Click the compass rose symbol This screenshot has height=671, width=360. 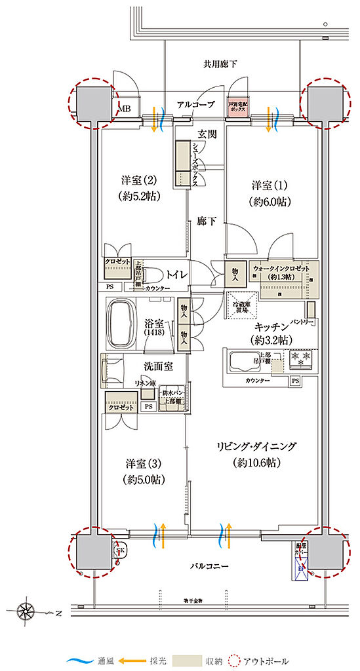26,613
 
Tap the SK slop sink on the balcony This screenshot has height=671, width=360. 120,550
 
